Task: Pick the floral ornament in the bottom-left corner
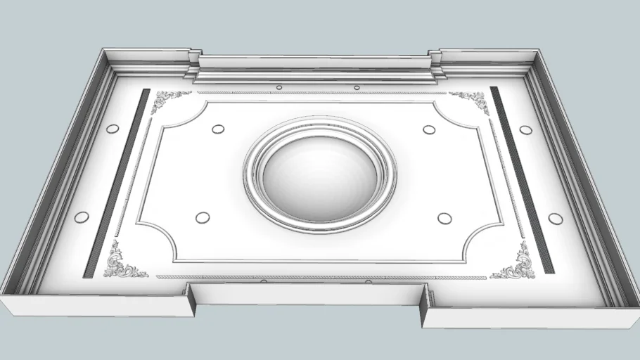pyautogui.click(x=121, y=262)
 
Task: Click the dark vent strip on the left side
pyautogui.click(x=117, y=181)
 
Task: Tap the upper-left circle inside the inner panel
pyautogui.click(x=218, y=129)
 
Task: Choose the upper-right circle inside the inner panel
pyautogui.click(x=428, y=129)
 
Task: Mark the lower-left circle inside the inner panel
pyautogui.click(x=202, y=217)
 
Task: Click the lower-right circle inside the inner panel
pyautogui.click(x=444, y=218)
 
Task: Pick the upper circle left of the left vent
pyautogui.click(x=111, y=129)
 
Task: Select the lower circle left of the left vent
pyautogui.click(x=82, y=217)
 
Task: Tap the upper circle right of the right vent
pyautogui.click(x=525, y=129)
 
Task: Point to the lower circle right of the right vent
pyautogui.click(x=556, y=218)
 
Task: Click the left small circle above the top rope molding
pyautogui.click(x=279, y=87)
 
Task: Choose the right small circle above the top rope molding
pyautogui.click(x=357, y=87)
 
